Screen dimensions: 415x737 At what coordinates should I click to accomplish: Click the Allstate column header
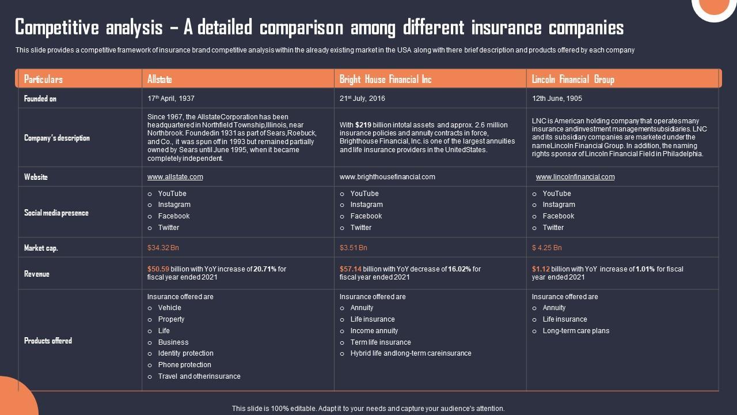pyautogui.click(x=159, y=79)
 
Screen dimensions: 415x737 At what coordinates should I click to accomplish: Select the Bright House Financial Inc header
pyautogui.click(x=385, y=79)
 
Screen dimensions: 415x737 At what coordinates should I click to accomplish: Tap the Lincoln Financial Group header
pyautogui.click(x=573, y=79)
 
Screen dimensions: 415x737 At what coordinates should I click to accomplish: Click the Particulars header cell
pyautogui.click(x=43, y=79)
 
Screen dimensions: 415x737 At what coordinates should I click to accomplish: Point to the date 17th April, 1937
pyautogui.click(x=170, y=99)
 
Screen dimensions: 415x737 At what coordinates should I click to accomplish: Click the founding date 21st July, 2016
pyautogui.click(x=362, y=99)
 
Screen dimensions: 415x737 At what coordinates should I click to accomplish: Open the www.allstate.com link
pyautogui.click(x=175, y=177)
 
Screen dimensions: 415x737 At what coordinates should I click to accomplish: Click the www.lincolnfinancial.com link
pyautogui.click(x=575, y=177)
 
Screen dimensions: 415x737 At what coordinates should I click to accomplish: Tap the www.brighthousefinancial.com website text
pyautogui.click(x=388, y=177)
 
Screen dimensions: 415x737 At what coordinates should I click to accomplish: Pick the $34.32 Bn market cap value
pyautogui.click(x=163, y=248)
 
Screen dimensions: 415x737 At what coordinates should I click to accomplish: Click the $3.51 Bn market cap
pyautogui.click(x=353, y=248)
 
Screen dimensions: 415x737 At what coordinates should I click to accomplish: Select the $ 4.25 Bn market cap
pyautogui.click(x=546, y=248)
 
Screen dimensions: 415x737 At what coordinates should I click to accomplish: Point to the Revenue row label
pyautogui.click(x=37, y=274)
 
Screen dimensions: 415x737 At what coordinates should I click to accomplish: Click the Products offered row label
pyautogui.click(x=48, y=341)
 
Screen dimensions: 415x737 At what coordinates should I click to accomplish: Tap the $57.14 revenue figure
pyautogui.click(x=350, y=269)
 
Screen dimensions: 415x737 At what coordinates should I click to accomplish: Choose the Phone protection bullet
pyautogui.click(x=184, y=365)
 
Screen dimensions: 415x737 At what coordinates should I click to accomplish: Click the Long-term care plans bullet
pyautogui.click(x=576, y=331)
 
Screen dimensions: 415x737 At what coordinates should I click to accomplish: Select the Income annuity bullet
pyautogui.click(x=374, y=331)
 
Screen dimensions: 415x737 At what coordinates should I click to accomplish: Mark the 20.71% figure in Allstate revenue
pyautogui.click(x=265, y=269)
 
